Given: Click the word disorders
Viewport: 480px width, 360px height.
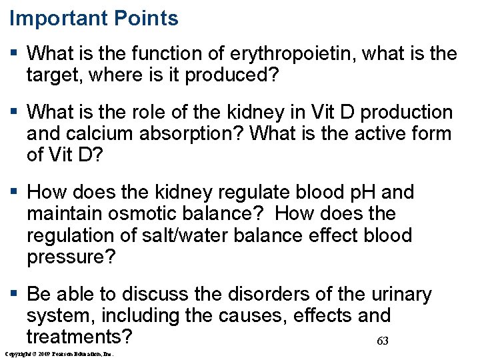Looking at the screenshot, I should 256,295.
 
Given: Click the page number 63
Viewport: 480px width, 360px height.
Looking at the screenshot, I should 383,341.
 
